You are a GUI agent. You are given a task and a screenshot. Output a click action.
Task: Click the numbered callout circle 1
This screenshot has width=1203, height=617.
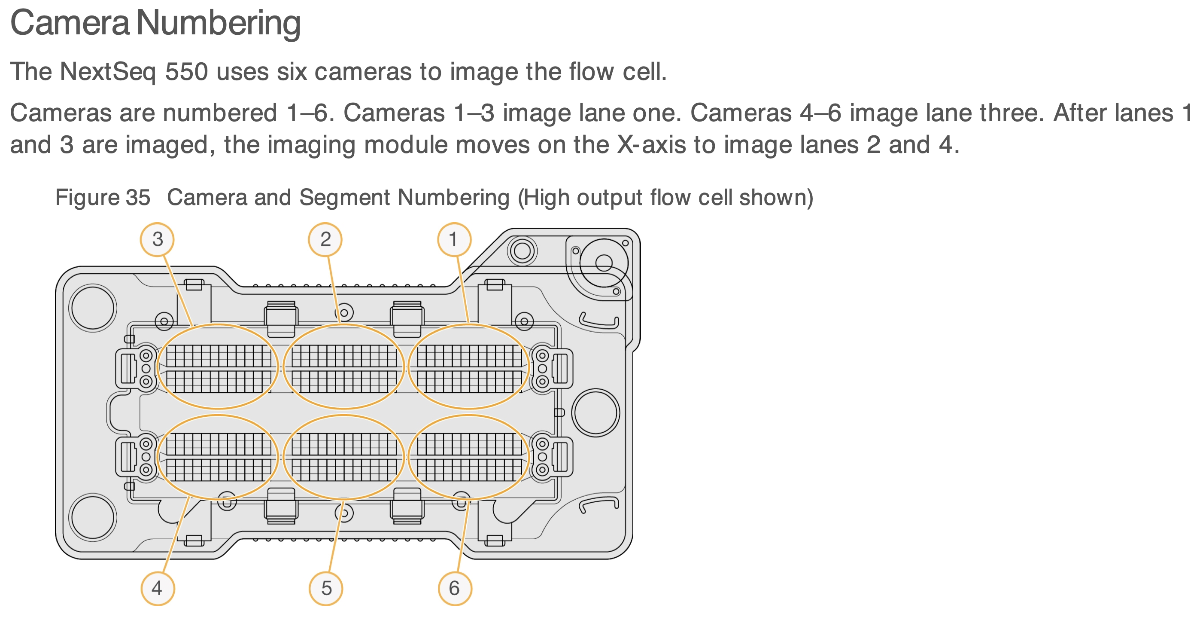coord(454,239)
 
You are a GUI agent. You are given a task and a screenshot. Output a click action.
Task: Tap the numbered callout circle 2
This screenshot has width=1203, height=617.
coord(325,239)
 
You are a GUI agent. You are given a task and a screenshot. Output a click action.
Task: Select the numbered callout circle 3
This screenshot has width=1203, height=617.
coord(158,239)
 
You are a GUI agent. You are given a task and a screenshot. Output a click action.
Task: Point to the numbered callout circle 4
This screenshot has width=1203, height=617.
coord(158,589)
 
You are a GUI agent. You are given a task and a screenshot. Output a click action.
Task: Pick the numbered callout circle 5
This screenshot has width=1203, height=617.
coord(326,589)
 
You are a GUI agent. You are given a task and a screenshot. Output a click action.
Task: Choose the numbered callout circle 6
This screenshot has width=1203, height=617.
coord(455,589)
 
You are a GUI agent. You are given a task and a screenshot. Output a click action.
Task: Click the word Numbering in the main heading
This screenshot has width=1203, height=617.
coord(219,23)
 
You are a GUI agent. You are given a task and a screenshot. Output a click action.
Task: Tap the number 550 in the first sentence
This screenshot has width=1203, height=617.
coord(186,72)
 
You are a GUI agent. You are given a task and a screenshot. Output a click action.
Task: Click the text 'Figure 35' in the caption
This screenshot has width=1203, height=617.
coord(103,197)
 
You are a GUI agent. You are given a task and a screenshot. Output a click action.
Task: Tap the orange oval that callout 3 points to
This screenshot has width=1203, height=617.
coord(218,366)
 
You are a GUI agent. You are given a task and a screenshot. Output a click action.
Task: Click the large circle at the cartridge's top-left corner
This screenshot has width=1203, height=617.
coord(93,308)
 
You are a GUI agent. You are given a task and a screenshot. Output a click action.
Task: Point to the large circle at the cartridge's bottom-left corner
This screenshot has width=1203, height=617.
coord(93,517)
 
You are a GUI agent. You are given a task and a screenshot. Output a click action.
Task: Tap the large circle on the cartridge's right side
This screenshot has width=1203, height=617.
coord(596,413)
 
